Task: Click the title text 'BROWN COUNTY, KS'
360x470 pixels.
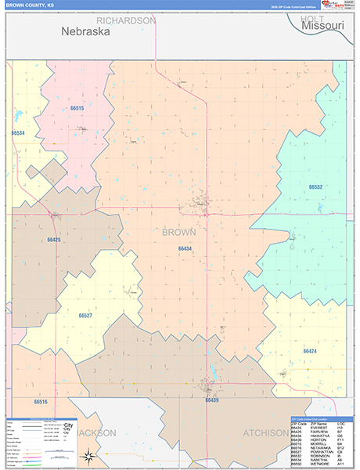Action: pyautogui.click(x=30, y=5)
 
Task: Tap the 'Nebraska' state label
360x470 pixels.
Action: pyautogui.click(x=86, y=33)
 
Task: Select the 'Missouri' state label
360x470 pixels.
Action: pyautogui.click(x=317, y=26)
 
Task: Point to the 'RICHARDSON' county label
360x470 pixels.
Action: pyautogui.click(x=126, y=20)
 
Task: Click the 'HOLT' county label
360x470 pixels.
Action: pyautogui.click(x=311, y=18)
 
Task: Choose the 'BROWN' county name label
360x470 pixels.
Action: pyautogui.click(x=179, y=232)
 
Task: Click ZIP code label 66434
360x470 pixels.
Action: pyautogui.click(x=185, y=248)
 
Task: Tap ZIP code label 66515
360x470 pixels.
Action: pyautogui.click(x=77, y=108)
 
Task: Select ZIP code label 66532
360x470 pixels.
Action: pyautogui.click(x=315, y=187)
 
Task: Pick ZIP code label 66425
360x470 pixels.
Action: pyautogui.click(x=54, y=240)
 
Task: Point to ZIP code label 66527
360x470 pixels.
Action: pyautogui.click(x=85, y=316)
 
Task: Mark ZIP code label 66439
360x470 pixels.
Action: pyautogui.click(x=211, y=400)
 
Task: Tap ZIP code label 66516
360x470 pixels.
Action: pyautogui.click(x=41, y=402)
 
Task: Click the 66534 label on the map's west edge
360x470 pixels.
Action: pyautogui.click(x=19, y=133)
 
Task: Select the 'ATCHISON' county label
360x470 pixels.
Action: pyautogui.click(x=265, y=432)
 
